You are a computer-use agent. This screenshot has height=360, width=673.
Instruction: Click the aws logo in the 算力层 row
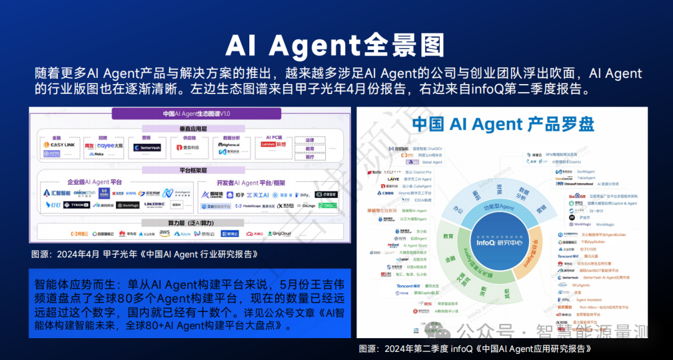point(165,233)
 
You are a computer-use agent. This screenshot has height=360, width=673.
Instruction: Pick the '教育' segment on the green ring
point(448,237)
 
